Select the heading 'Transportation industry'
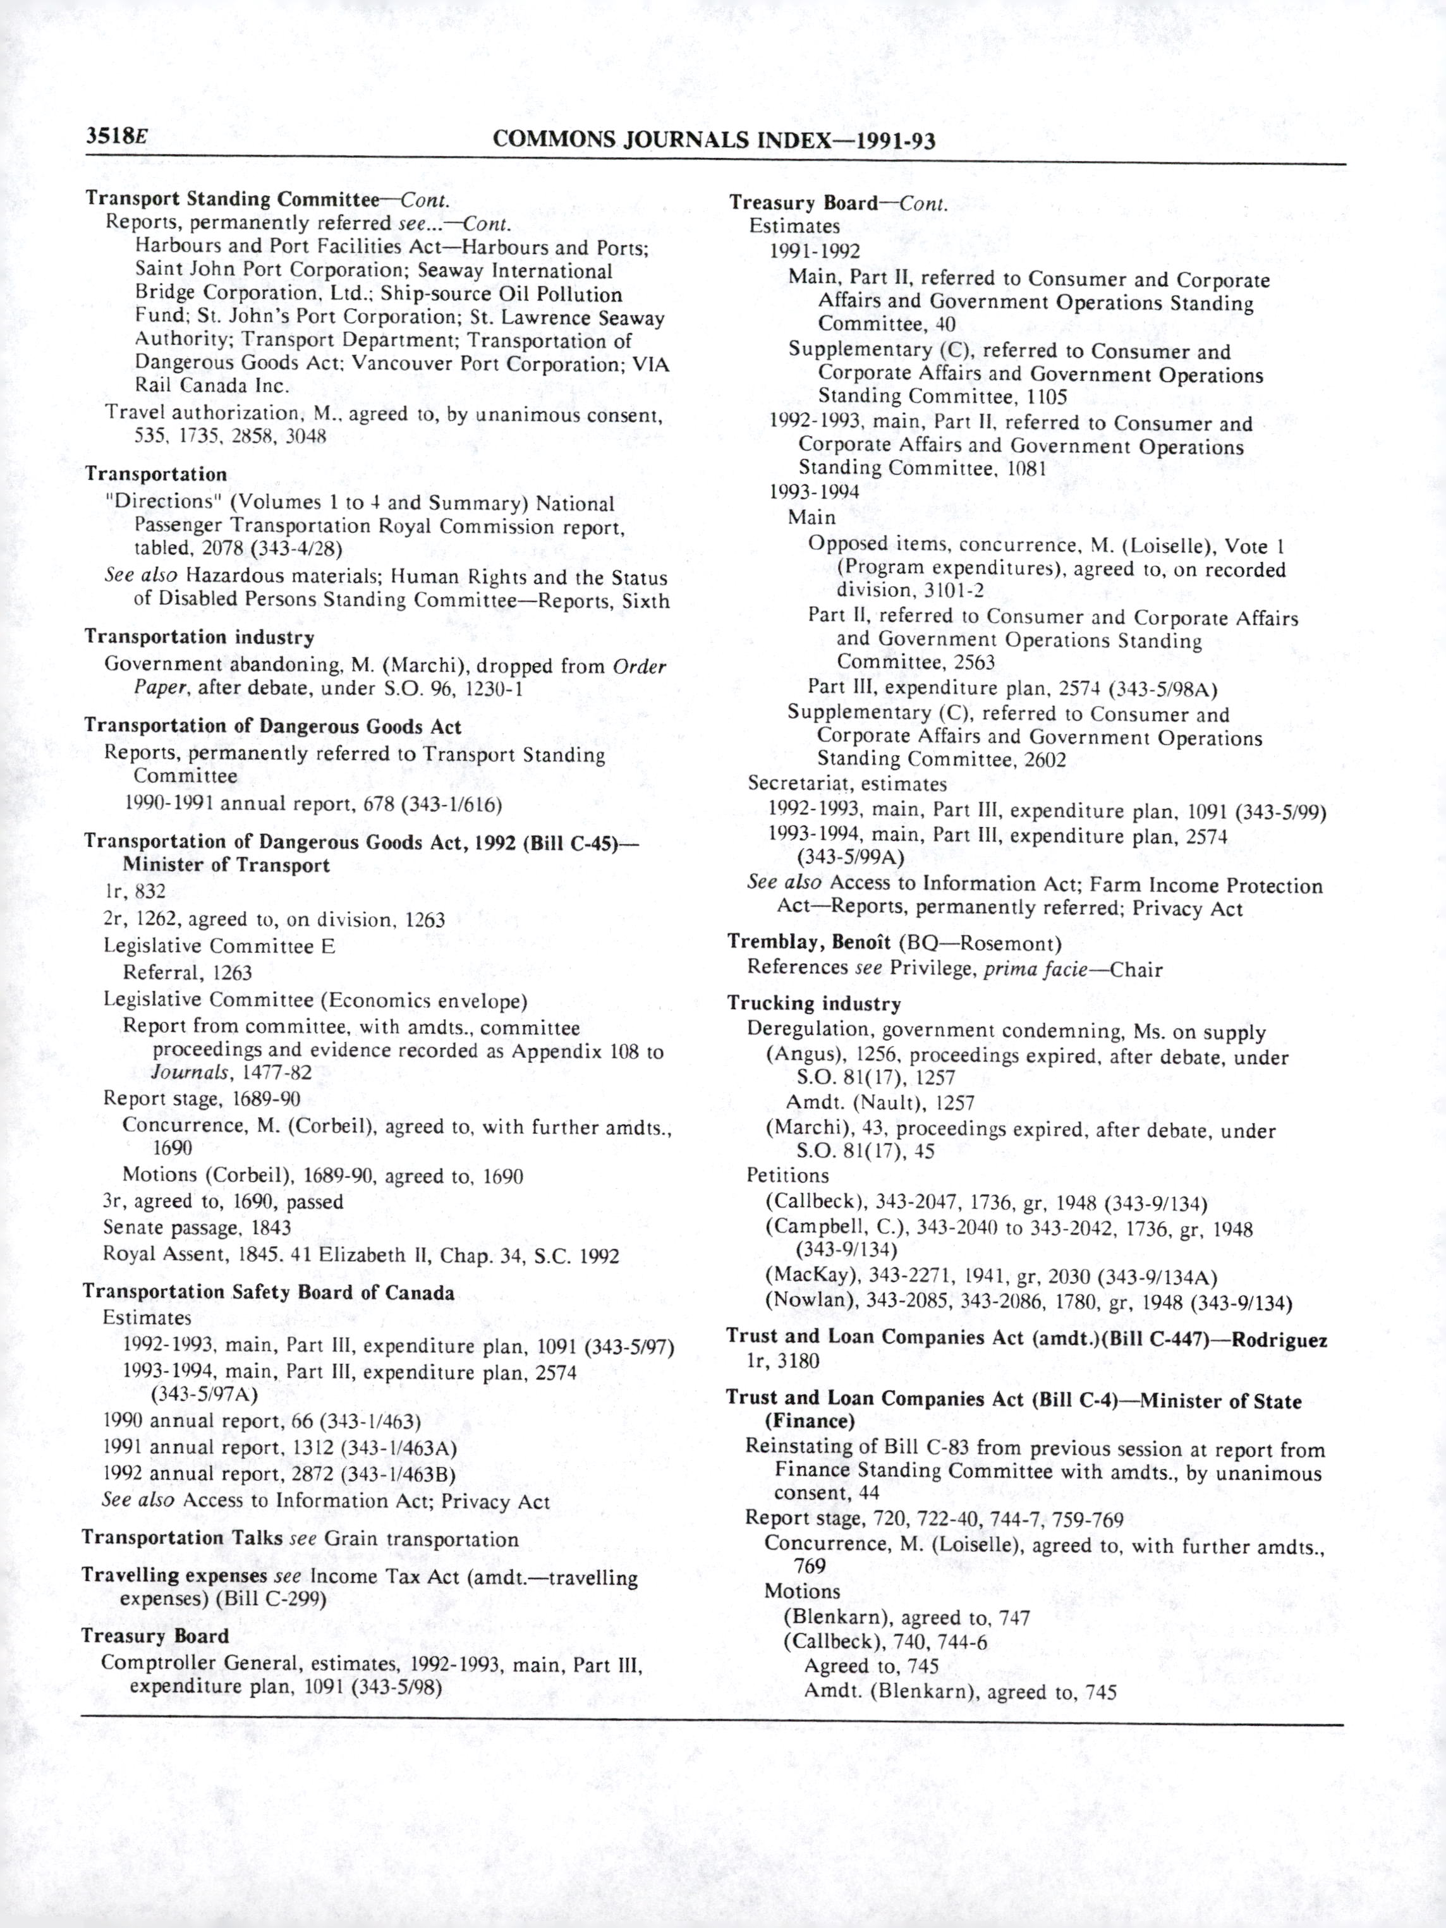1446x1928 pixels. point(200,637)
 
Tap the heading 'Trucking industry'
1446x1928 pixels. point(814,1003)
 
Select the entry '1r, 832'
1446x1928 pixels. point(134,892)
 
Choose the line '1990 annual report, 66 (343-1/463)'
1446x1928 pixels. point(262,1422)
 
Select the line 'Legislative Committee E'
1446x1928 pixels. point(219,946)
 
